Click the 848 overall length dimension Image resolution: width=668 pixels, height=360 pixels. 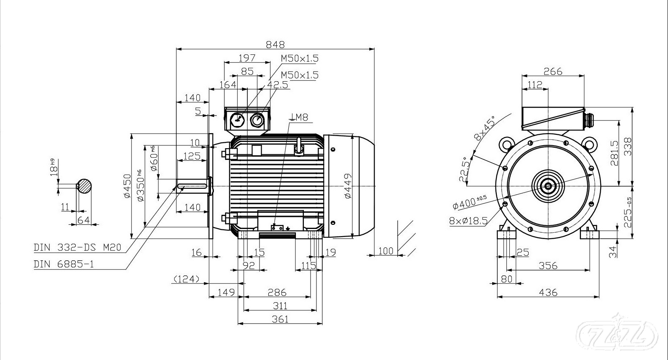(x=275, y=44)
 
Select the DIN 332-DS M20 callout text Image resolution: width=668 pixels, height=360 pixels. (x=77, y=247)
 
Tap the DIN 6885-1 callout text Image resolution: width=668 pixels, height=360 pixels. (x=64, y=264)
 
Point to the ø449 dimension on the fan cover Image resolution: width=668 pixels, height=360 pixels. (x=347, y=185)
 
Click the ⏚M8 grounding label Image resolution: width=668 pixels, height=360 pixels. (x=299, y=117)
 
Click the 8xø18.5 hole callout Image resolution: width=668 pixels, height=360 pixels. (x=468, y=221)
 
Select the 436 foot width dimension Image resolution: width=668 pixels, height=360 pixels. (x=548, y=292)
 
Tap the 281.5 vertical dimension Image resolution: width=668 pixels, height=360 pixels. (x=614, y=153)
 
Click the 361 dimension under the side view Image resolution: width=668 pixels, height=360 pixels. (x=280, y=319)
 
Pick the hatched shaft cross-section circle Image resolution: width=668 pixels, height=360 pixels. (x=85, y=186)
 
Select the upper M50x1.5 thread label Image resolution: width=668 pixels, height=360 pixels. (x=300, y=58)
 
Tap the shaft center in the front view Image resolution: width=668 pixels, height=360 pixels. (x=547, y=185)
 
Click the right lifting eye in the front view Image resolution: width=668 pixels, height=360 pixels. (x=590, y=144)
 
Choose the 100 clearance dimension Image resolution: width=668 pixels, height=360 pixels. (x=385, y=250)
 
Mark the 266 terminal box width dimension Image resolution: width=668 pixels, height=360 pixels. (x=552, y=71)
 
